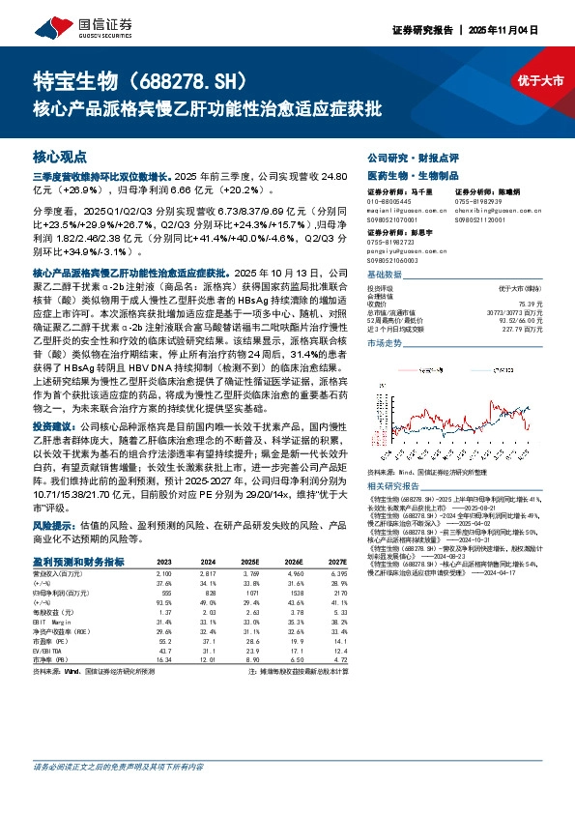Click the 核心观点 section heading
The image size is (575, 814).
(60, 156)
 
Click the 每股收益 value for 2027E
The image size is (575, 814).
(336, 613)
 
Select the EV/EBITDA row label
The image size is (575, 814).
(50, 651)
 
